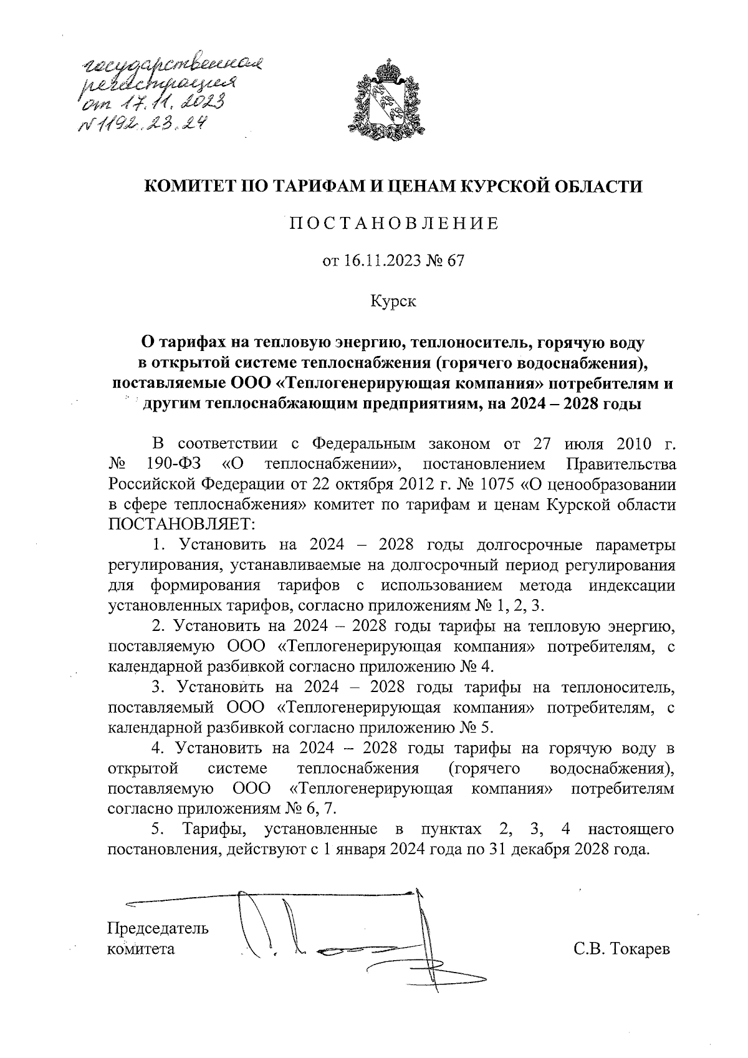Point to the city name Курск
pos(393,302)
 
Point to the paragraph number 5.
pos(158,829)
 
